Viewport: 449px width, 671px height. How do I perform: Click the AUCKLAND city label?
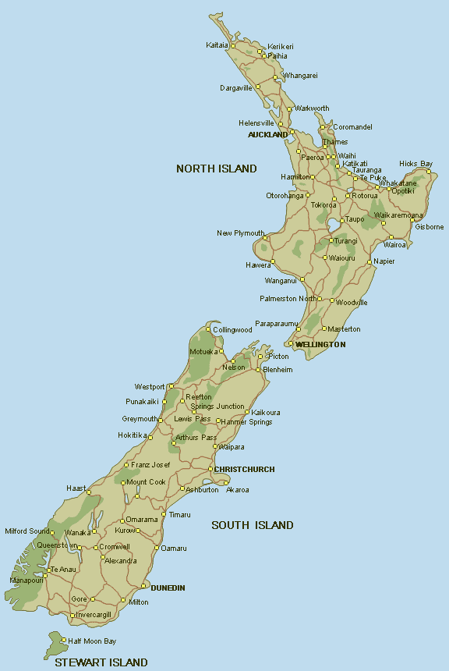point(267,135)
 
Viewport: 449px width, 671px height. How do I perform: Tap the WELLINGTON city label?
point(320,344)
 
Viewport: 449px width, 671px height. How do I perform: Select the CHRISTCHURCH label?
point(244,469)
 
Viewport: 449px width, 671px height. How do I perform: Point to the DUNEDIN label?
point(168,588)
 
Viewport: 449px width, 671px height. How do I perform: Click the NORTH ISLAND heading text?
point(216,169)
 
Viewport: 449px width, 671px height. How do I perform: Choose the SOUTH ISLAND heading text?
point(253,525)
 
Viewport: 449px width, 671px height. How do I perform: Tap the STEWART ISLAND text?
point(101,662)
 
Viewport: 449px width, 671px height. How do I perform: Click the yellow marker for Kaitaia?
point(233,45)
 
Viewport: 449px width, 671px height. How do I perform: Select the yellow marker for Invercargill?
point(72,616)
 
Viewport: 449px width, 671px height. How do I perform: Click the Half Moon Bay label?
point(92,641)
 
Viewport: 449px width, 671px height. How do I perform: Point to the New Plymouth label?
point(240,233)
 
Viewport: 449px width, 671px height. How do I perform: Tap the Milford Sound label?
point(27,531)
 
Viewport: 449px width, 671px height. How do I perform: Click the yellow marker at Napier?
point(369,261)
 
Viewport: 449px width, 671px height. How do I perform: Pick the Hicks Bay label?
point(415,163)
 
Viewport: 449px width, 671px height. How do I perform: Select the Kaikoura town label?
point(266,412)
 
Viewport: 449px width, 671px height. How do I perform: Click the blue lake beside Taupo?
point(334,227)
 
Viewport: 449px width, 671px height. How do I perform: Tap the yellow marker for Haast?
point(89,493)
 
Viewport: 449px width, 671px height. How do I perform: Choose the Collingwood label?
point(232,330)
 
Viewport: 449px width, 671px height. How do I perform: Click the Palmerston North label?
point(288,299)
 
